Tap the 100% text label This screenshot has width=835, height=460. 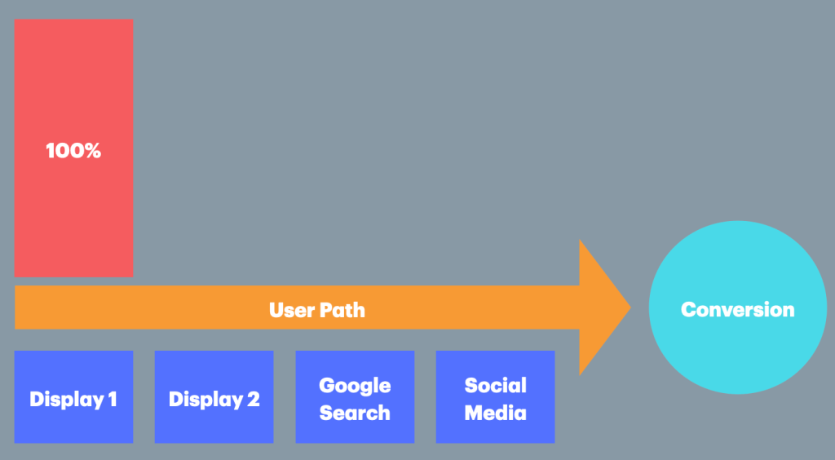tap(73, 151)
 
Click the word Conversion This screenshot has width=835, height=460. tap(737, 310)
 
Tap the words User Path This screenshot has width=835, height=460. tap(317, 310)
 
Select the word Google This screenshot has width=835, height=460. tap(355, 386)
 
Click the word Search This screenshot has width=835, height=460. tap(355, 413)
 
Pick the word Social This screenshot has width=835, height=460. tap(495, 386)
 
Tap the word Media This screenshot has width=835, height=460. tap(495, 413)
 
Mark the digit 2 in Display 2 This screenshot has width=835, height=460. tap(253, 400)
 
